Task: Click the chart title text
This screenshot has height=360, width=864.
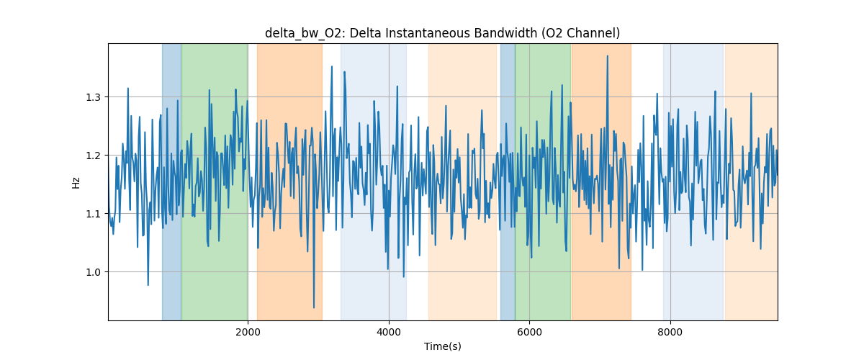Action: point(442,33)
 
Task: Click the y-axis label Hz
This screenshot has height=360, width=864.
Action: point(76,182)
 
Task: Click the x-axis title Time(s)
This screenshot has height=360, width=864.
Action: point(442,346)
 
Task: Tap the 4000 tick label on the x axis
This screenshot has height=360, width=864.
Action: point(389,332)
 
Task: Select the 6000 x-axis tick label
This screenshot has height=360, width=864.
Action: point(529,332)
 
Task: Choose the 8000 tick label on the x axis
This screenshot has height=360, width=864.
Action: point(670,332)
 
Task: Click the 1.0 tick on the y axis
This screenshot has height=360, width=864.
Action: point(95,272)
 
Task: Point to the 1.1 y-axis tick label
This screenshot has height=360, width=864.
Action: point(95,214)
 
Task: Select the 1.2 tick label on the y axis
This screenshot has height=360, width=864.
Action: point(95,156)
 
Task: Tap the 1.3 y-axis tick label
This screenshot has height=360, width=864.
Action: point(95,97)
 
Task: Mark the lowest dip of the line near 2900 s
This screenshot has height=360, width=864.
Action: point(314,307)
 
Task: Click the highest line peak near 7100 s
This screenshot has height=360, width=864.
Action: point(608,55)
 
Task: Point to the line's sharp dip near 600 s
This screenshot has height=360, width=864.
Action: point(148,284)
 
